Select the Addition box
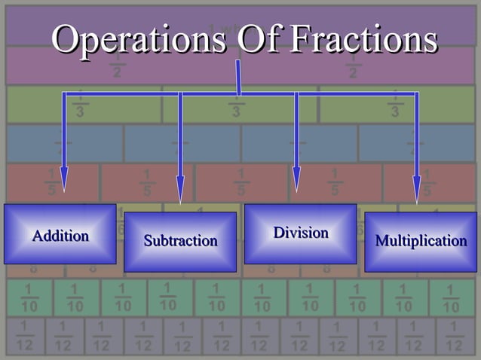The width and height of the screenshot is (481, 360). tap(60, 234)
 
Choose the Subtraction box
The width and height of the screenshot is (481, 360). tap(180, 242)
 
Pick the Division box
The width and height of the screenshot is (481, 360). tap(301, 233)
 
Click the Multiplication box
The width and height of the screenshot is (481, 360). tap(421, 242)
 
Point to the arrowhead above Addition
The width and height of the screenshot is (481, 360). tap(64, 182)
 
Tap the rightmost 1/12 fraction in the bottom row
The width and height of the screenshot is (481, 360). tap(453, 336)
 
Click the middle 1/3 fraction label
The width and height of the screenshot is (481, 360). tap(236, 105)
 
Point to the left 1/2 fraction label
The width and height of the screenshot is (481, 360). tap(117, 66)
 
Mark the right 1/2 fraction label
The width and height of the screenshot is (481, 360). tap(353, 66)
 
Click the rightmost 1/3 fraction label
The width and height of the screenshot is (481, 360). tap(395, 105)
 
